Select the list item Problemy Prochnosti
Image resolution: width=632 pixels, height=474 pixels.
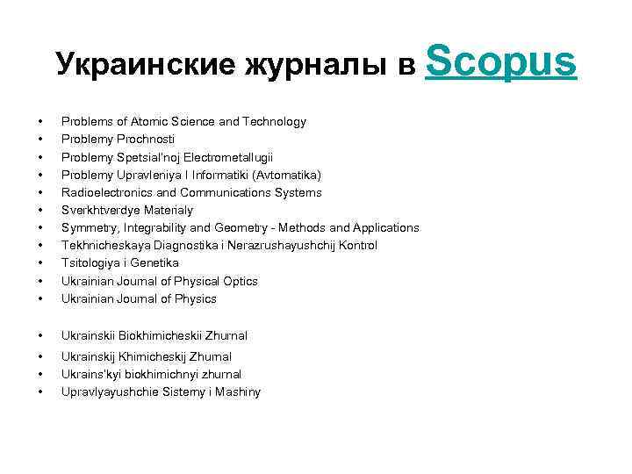click(118, 140)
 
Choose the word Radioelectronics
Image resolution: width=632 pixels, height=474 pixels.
click(103, 192)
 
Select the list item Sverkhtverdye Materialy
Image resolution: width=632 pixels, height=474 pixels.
click(127, 210)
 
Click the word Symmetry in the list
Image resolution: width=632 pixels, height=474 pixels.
click(88, 227)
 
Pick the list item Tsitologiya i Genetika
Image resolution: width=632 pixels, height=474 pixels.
click(120, 262)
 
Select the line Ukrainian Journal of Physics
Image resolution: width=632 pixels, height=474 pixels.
click(139, 298)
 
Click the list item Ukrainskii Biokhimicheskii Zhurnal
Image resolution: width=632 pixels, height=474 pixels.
click(154, 335)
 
